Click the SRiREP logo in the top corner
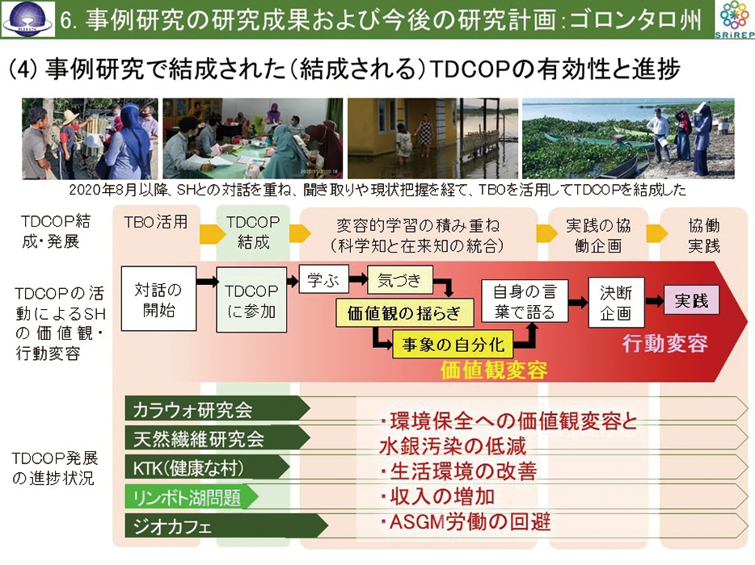click(x=734, y=19)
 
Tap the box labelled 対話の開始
click(x=158, y=299)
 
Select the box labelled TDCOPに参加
click(x=251, y=300)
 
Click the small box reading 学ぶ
click(x=323, y=279)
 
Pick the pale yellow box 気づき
click(x=399, y=279)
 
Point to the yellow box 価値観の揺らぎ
click(x=404, y=312)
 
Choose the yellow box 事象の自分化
click(x=453, y=345)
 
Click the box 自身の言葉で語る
click(x=525, y=302)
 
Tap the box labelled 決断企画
click(x=616, y=303)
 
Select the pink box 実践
click(x=691, y=300)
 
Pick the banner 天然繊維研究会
click(x=217, y=438)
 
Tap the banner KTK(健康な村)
click(x=208, y=467)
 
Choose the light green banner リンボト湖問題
click(x=191, y=496)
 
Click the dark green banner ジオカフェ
click(x=226, y=525)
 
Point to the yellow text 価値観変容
click(x=494, y=370)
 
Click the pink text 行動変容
click(x=665, y=343)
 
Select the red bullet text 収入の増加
click(x=437, y=496)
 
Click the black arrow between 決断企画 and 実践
click(x=655, y=301)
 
